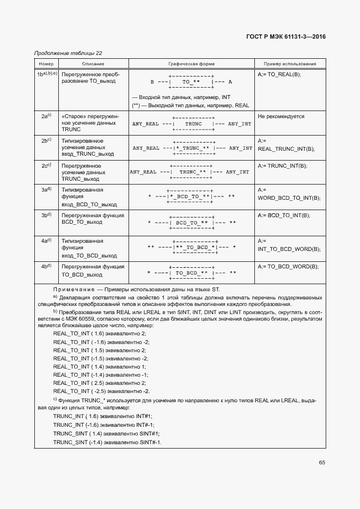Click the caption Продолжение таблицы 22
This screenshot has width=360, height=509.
(68, 53)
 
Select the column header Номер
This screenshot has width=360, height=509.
(45, 64)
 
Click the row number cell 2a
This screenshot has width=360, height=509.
(46, 116)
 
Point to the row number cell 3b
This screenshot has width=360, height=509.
(46, 215)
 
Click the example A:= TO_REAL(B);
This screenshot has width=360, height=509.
(279, 73)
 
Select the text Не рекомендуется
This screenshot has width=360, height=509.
(281, 116)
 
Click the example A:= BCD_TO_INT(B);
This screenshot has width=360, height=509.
(284, 216)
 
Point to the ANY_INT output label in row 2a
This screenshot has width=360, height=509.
(240, 124)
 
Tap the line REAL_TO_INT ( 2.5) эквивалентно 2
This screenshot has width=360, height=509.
(100, 383)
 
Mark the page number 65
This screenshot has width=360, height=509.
(322, 463)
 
